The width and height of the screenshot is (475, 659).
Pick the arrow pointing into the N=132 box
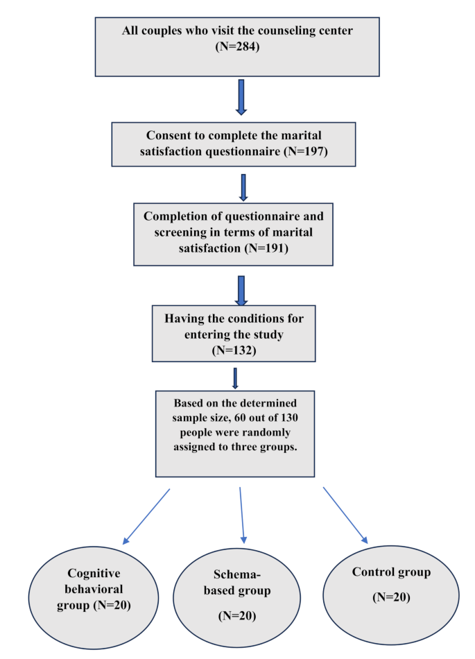[241, 291]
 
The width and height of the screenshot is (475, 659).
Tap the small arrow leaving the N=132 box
[236, 378]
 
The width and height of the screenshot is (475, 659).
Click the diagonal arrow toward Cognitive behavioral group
[146, 517]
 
